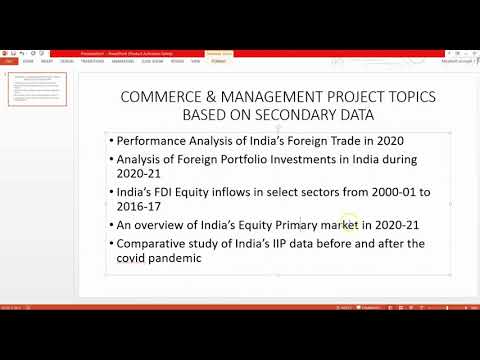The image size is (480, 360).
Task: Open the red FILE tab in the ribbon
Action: click(9, 60)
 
